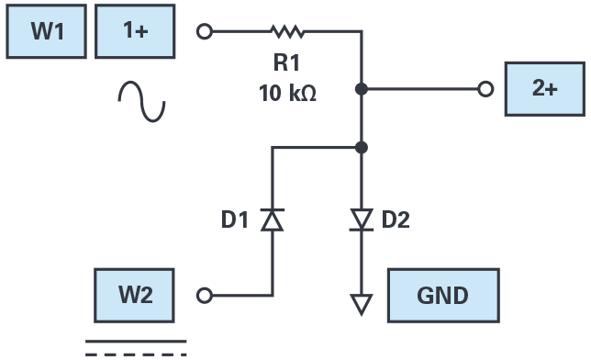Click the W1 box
tap(47, 31)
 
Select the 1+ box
tap(135, 31)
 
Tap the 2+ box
tap(545, 89)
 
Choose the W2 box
tap(134, 296)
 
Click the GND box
tap(443, 296)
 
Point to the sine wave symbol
tap(141, 101)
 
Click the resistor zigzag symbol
tap(287, 32)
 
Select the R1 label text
tap(286, 62)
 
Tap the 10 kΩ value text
tap(287, 93)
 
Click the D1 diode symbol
tap(273, 219)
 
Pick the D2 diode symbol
tap(362, 219)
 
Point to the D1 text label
tap(234, 219)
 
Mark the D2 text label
tap(396, 219)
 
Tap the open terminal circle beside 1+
tap(205, 31)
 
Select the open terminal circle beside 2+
tap(485, 89)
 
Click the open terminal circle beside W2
tap(205, 296)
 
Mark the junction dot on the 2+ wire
tap(362, 89)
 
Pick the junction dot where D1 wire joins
tap(362, 148)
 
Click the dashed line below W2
tap(136, 354)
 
